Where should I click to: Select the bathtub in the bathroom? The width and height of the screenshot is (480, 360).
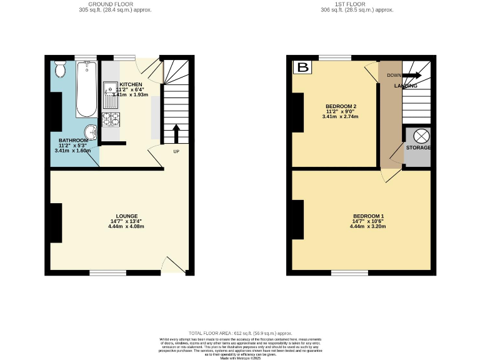pos(86,89)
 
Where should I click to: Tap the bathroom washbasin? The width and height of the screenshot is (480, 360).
pos(92,132)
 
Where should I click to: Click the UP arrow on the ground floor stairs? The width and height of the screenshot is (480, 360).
pos(176,132)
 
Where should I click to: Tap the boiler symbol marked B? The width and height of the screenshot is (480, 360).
pos(303,67)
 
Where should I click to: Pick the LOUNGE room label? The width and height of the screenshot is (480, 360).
pos(126,216)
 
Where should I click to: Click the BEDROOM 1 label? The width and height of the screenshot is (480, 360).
pos(368,216)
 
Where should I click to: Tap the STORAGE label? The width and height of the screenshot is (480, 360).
pos(418,147)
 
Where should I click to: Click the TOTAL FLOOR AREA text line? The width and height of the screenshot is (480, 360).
pos(240,334)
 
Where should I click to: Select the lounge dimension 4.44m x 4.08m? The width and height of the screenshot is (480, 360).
pos(126,226)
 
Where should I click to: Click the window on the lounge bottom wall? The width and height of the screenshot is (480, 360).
pos(107,272)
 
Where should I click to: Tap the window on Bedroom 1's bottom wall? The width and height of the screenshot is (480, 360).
pos(349,272)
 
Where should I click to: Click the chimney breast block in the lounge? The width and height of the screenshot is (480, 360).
pos(56,222)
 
